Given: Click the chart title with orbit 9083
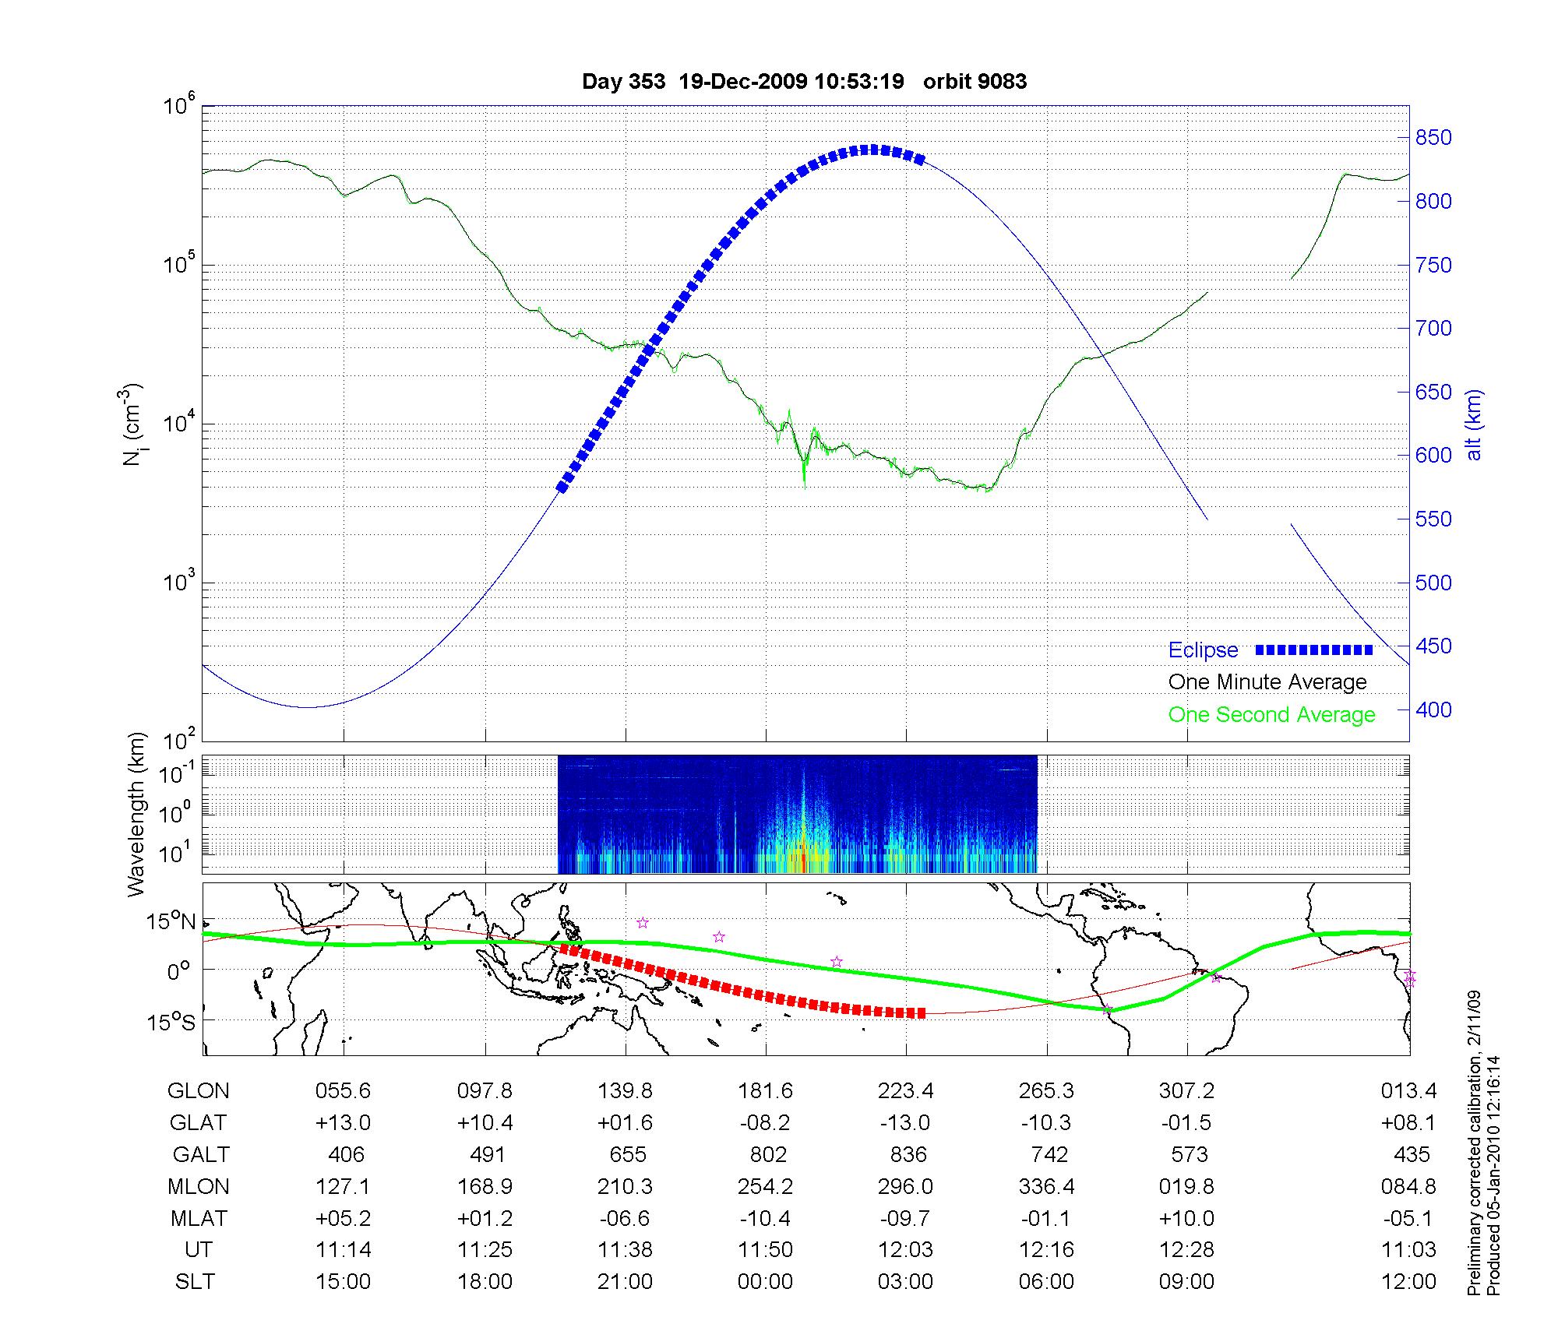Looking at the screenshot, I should point(804,82).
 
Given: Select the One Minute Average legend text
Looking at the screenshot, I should point(1267,682).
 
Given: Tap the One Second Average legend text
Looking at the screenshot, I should point(1271,715).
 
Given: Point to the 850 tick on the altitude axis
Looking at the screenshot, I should point(1433,138).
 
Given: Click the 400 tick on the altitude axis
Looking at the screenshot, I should point(1433,710).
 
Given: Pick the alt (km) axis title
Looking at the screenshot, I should point(1474,425).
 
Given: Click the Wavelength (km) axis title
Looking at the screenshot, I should point(137,814).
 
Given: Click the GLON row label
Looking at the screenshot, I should point(198,1091).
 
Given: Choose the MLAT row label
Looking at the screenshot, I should point(198,1218).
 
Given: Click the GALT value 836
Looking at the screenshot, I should point(908,1154).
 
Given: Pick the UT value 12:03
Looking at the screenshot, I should point(906,1250).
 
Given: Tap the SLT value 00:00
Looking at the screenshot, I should point(765,1282).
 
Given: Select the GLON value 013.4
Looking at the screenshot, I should point(1408,1091).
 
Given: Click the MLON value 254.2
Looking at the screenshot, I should point(765,1187).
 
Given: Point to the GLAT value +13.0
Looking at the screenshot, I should point(343,1123).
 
